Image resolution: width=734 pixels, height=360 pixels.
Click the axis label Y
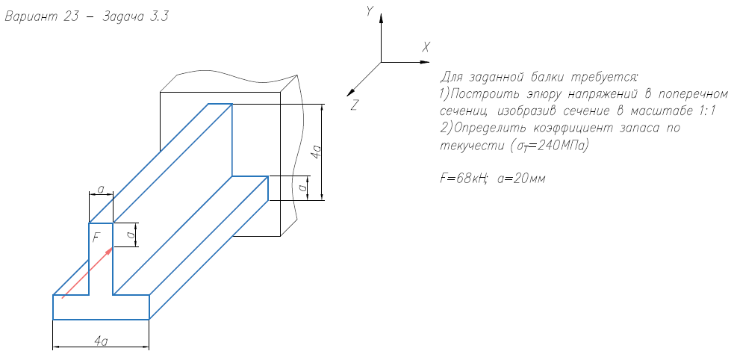click(x=370, y=10)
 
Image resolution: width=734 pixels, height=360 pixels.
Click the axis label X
click(x=426, y=46)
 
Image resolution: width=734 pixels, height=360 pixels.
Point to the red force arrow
click(x=87, y=273)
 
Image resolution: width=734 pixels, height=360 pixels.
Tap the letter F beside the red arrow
click(x=96, y=238)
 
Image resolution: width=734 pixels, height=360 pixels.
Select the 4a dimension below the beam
click(x=101, y=341)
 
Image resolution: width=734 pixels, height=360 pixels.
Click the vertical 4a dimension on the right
click(x=317, y=152)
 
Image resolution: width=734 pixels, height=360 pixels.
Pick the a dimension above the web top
click(x=101, y=190)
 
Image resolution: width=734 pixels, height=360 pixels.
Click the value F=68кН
click(x=464, y=179)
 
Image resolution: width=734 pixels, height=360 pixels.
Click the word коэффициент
click(x=583, y=128)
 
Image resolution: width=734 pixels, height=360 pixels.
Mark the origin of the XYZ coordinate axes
click(x=381, y=61)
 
